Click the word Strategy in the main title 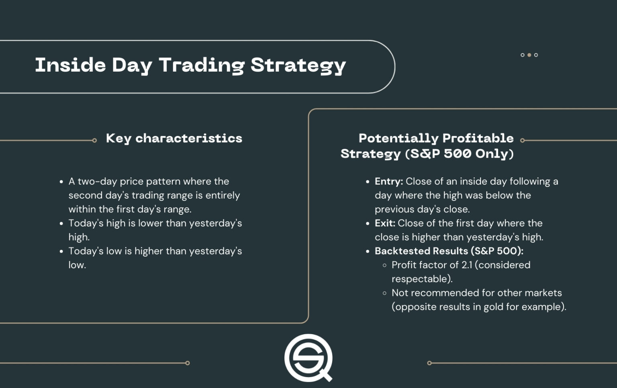tap(298, 66)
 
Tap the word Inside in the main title tap(70, 65)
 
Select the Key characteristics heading tap(174, 138)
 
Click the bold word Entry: tap(388, 181)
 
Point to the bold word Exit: tap(385, 223)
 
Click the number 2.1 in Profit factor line tap(467, 265)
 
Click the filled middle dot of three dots tap(529, 55)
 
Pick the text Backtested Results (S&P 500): tap(449, 251)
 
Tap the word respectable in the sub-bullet tap(420, 279)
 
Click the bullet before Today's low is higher tap(61, 252)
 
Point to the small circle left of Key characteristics tap(94, 140)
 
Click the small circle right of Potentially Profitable tap(523, 140)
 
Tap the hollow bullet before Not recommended tap(384, 293)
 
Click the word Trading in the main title tap(202, 65)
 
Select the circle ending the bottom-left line tap(188, 363)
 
